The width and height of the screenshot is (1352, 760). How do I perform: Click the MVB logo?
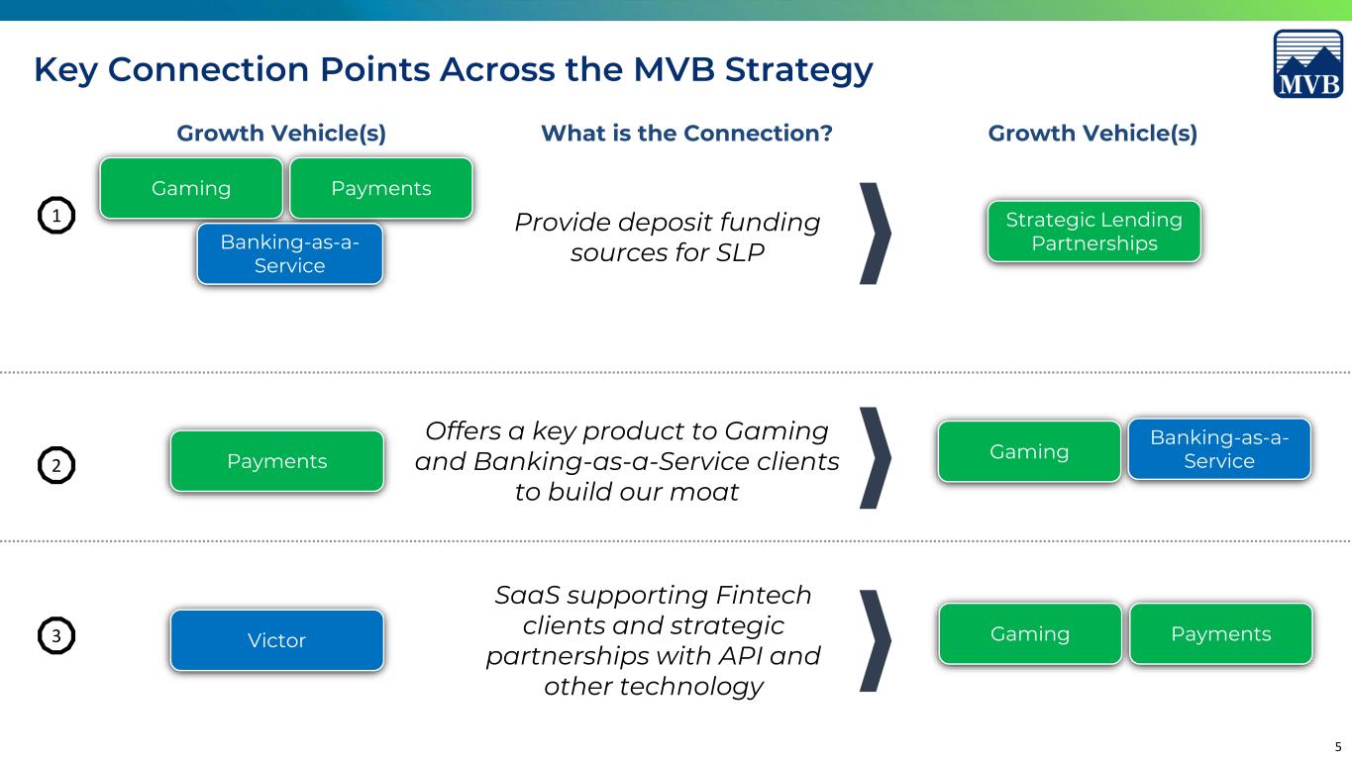click(1308, 63)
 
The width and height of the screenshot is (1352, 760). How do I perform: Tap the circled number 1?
click(56, 216)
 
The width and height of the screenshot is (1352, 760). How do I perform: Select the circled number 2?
click(56, 465)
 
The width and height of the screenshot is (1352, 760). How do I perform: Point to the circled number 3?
click(56, 635)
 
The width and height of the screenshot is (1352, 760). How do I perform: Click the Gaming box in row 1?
click(191, 188)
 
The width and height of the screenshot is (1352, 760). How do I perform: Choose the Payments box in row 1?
click(381, 188)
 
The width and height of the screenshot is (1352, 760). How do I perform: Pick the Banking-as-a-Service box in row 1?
click(289, 254)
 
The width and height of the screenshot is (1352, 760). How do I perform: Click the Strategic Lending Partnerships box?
click(1094, 232)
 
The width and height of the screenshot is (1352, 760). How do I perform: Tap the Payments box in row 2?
click(277, 461)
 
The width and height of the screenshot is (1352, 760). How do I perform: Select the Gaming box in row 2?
click(1029, 451)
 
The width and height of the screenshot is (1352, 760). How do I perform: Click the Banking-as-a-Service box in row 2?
click(1219, 449)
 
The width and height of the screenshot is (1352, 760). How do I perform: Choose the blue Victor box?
click(277, 640)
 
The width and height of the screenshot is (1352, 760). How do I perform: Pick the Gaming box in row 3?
click(1030, 634)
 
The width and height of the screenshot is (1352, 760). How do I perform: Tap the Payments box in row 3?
click(1221, 634)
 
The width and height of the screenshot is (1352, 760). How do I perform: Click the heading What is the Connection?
click(686, 134)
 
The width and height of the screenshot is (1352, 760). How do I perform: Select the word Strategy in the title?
click(798, 70)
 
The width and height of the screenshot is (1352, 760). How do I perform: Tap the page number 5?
click(1337, 747)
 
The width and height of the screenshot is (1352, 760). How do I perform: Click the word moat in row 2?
click(704, 492)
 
